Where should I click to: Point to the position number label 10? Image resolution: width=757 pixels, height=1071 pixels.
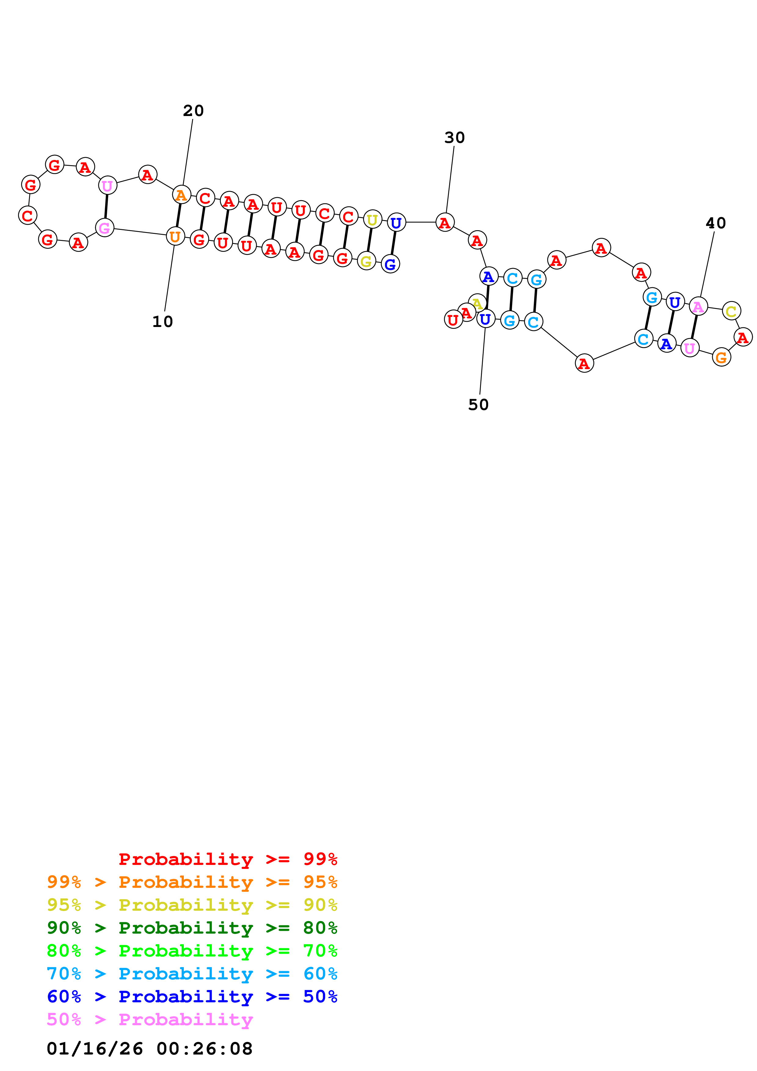coord(162,321)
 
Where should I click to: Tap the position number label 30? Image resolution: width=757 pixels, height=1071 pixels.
coord(454,138)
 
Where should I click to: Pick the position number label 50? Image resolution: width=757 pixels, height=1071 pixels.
coord(478,405)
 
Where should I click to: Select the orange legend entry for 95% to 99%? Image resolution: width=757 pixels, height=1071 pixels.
coord(192,882)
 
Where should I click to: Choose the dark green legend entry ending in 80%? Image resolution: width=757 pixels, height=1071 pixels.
coord(192,928)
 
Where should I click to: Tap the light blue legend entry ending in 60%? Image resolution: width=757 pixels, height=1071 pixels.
coord(192,974)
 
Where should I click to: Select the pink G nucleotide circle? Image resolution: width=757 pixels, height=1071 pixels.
coord(104,228)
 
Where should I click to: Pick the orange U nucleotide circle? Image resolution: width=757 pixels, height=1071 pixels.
coord(175,237)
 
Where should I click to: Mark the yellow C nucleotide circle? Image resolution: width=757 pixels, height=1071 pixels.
coord(731,311)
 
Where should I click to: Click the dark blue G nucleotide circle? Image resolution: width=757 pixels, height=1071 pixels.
coord(390,264)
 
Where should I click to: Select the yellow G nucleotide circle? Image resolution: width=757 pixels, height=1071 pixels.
coord(367,261)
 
